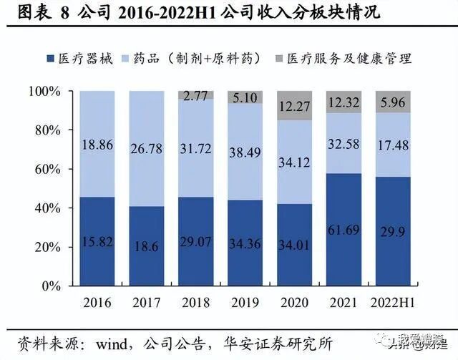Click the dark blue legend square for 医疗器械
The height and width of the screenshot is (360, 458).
(51, 59)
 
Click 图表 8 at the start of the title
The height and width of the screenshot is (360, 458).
(34, 12)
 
